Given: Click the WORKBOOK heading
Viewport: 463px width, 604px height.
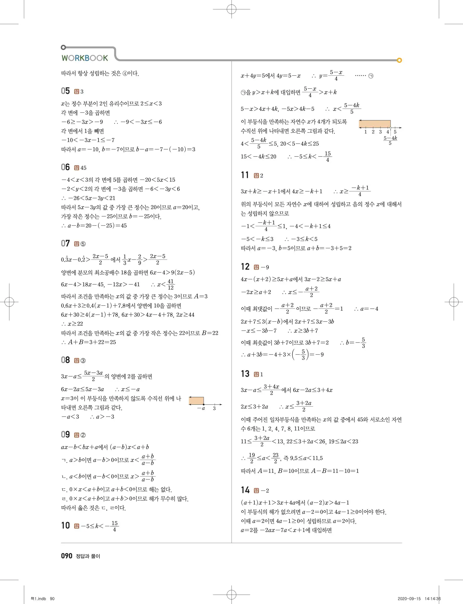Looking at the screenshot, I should [85, 58].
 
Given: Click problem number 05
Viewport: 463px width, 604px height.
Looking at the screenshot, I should [65, 91].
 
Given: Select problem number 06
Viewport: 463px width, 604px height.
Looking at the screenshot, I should [65, 167].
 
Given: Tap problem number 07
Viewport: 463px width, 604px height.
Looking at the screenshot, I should [65, 243].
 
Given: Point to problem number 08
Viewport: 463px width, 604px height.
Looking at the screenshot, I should [65, 360].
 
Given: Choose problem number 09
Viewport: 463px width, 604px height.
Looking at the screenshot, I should [65, 435].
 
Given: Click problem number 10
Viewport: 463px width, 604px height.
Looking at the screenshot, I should [65, 526].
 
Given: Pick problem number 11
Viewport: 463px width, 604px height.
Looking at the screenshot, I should [245, 175].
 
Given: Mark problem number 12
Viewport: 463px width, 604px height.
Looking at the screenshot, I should [245, 267].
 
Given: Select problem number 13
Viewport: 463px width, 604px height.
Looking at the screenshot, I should [245, 374].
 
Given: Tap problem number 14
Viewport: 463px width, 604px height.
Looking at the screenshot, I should [245, 490].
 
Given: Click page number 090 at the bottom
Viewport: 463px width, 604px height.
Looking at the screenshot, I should [67, 556].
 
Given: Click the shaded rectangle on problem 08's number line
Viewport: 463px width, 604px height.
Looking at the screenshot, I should [196, 401].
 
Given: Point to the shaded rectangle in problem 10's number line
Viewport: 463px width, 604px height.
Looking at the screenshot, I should [375, 124].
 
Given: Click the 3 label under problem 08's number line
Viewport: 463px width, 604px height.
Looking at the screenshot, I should [214, 409].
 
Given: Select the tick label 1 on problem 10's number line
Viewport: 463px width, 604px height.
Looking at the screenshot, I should [365, 132].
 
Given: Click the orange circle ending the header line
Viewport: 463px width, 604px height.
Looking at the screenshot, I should [399, 60].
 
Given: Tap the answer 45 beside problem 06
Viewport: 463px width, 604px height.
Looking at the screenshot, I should [83, 168].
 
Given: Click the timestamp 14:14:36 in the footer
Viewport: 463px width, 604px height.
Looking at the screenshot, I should [433, 599].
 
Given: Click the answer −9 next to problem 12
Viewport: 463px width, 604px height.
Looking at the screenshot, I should [265, 267].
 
